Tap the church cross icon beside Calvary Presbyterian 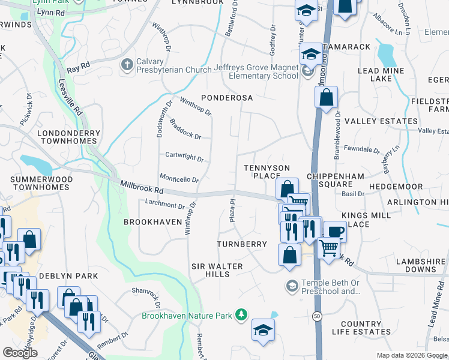[x=127, y=64]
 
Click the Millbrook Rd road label [x=142, y=188]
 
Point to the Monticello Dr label [x=178, y=178]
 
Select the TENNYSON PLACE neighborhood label [x=267, y=172]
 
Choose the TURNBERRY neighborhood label [x=242, y=244]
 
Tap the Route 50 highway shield [x=316, y=315]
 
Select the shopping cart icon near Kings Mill [x=328, y=245]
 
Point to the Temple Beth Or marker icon [x=292, y=285]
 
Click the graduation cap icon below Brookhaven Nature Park [x=262, y=330]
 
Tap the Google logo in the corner [x=20, y=353]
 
